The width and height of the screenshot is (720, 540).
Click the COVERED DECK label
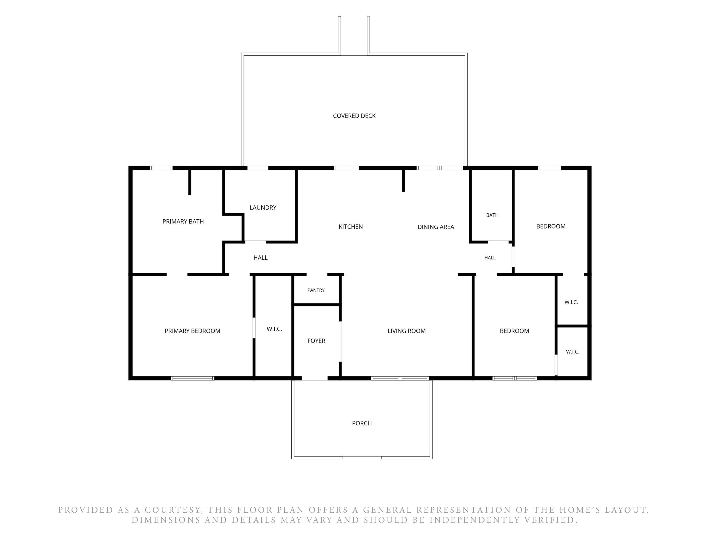point(354,116)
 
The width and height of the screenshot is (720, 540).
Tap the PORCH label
point(362,423)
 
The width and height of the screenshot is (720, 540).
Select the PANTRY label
point(316,290)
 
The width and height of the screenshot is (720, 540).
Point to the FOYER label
point(316,341)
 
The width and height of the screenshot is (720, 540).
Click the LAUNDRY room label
point(263,208)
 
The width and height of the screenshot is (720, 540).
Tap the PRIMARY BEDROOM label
point(192,331)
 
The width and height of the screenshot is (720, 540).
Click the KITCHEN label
point(351,227)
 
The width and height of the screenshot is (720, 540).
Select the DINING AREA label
point(436,227)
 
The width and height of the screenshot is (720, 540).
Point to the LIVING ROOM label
point(407,331)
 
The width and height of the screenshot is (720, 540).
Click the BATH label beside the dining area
point(492,215)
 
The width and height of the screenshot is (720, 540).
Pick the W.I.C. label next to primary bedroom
point(274,329)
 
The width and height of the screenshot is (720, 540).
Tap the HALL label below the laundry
point(260,258)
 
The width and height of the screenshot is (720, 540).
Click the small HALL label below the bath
point(490,258)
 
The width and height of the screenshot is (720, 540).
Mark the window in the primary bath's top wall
point(161,168)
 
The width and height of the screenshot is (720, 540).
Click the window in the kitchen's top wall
point(346,168)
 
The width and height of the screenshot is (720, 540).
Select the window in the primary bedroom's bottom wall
point(192,378)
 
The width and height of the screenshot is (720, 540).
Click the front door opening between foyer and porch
point(314,378)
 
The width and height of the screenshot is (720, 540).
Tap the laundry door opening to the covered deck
point(258,168)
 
